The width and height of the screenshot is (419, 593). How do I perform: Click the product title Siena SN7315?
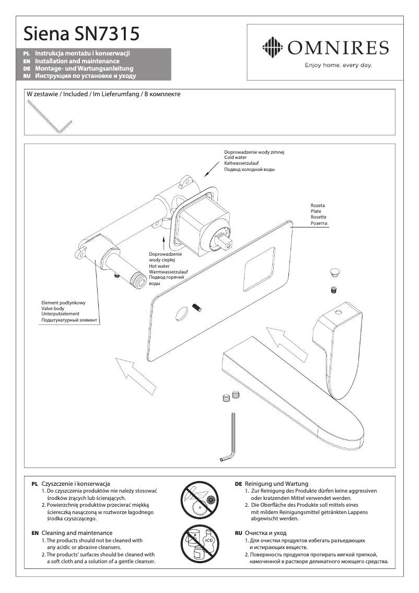coord(80,35)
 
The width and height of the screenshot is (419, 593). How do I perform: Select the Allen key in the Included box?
coord(50,117)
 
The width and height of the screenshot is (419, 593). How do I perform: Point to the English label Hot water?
coord(160,266)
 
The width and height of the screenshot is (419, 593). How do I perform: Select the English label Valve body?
coord(53,309)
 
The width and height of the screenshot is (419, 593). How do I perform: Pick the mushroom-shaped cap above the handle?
coord(334,272)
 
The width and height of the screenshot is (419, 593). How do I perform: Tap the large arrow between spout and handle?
coord(283,339)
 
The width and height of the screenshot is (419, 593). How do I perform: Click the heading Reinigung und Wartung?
coord(276,484)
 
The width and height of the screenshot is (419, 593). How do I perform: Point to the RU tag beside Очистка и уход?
coord(238,533)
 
